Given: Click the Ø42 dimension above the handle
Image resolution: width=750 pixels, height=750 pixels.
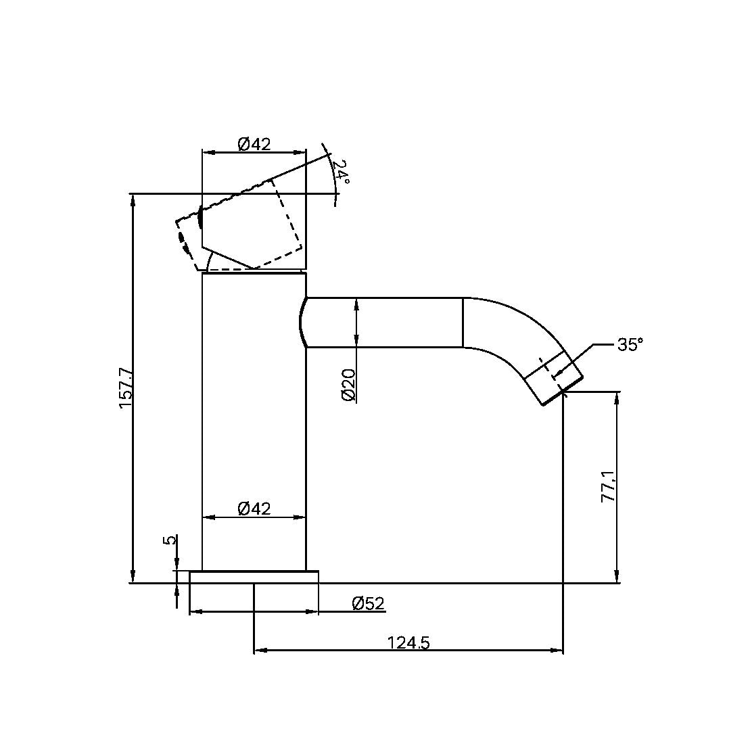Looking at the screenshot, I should tap(254, 143).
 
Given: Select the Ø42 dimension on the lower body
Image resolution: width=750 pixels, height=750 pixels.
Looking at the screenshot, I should tap(254, 509).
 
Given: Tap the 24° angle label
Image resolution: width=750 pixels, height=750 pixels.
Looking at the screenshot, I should tap(342, 172).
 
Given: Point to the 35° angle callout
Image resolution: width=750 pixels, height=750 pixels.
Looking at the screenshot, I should tap(629, 344).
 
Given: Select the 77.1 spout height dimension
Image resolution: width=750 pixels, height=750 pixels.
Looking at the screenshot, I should tap(608, 487).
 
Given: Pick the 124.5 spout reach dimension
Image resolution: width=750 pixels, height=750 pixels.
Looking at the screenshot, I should tap(408, 642).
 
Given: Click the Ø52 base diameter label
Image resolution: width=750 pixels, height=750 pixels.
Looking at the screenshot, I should tap(369, 603).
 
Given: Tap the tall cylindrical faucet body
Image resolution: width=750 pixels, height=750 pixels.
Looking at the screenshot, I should tap(254, 419).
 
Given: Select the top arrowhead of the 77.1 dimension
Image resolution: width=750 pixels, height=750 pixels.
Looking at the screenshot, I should tap(617, 396).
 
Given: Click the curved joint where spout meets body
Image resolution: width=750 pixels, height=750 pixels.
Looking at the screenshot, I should tap(303, 323).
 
